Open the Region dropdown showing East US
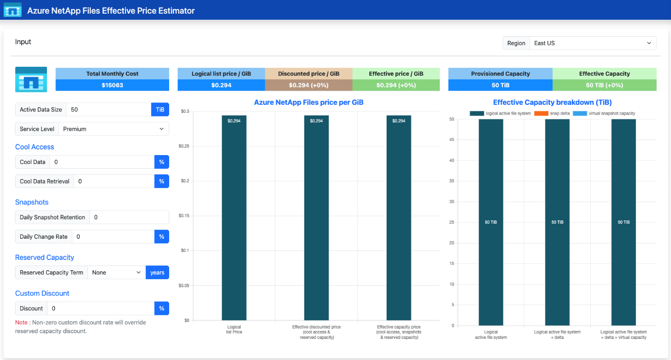593,43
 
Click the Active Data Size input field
109,110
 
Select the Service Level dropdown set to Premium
114,129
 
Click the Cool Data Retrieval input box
114,181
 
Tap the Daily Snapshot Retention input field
129,218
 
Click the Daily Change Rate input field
113,237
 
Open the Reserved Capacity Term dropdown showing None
117,273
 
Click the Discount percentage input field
101,308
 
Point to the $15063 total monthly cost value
112,86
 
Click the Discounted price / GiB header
309,74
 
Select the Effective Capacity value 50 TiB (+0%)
604,86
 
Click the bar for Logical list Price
234,218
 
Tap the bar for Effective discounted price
316,218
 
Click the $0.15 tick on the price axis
184,216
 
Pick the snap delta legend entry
552,114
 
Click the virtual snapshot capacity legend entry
604,114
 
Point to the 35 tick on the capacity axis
452,181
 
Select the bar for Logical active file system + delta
557,222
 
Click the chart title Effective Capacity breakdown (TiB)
553,102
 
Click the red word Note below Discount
21,322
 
